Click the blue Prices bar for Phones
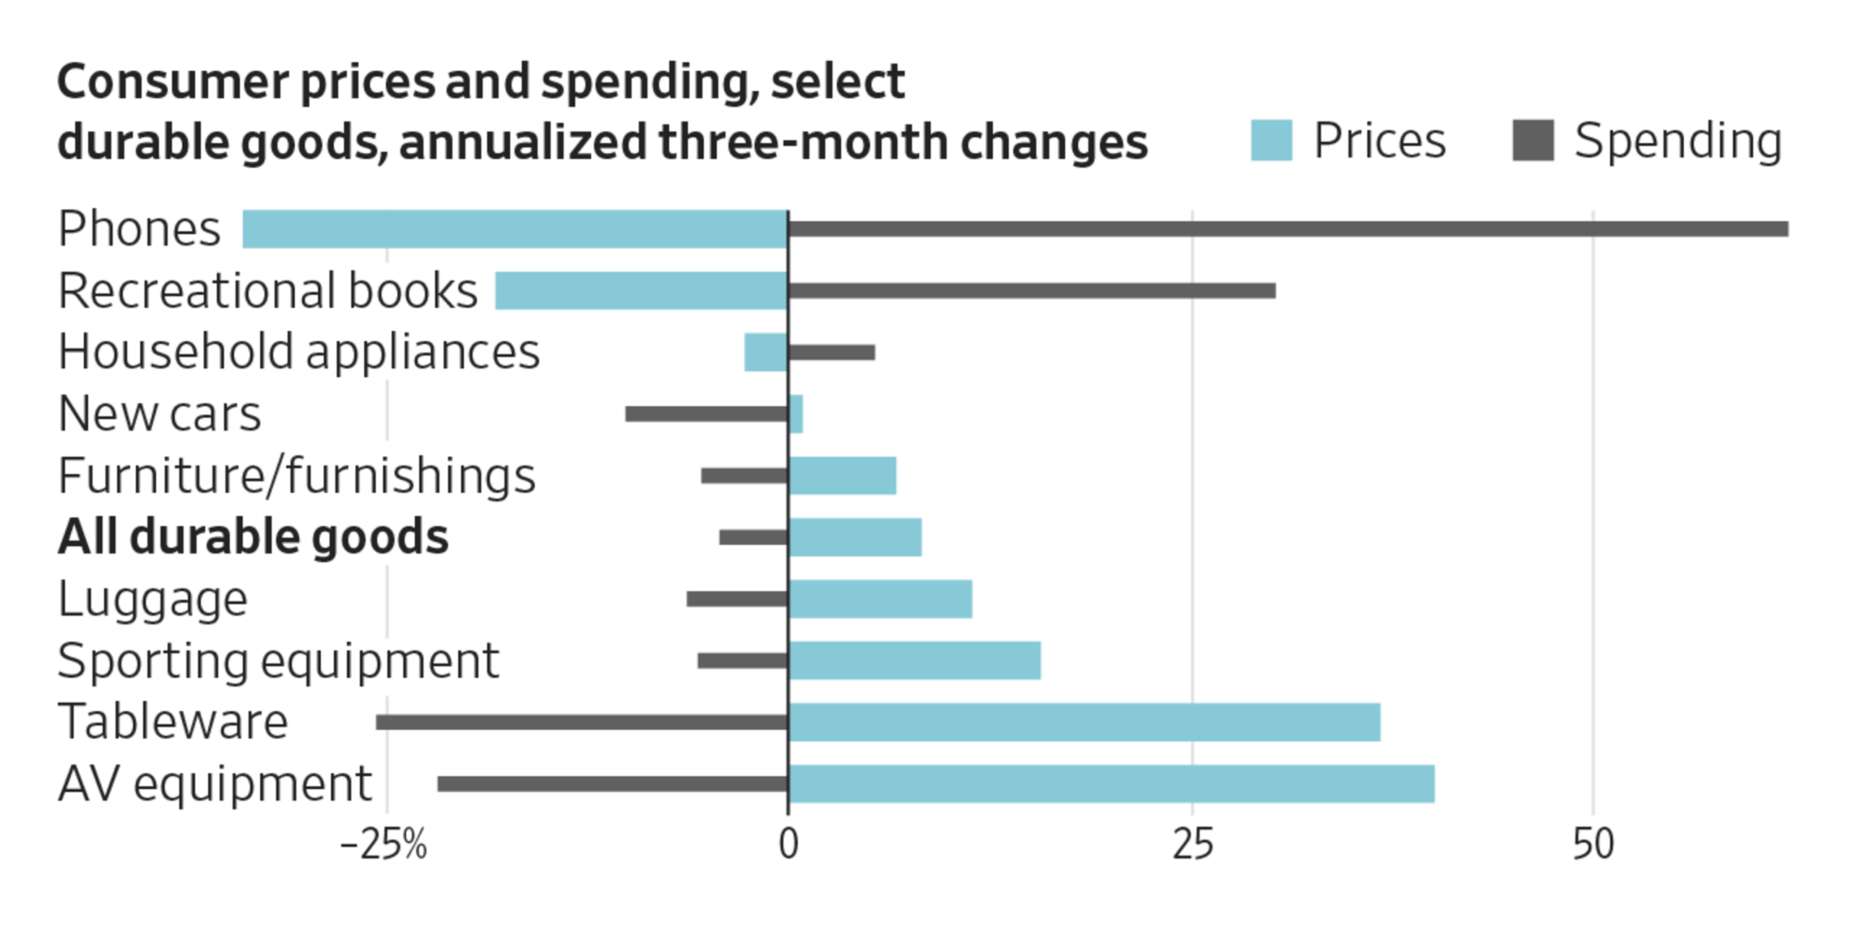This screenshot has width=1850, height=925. (x=515, y=229)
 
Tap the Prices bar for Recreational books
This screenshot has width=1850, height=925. (x=641, y=291)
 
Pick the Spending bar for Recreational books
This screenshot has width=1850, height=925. (x=1031, y=291)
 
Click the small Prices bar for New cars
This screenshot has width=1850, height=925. (x=796, y=414)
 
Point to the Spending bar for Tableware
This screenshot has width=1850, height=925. (x=582, y=722)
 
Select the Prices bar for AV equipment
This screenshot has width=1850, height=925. (x=1111, y=783)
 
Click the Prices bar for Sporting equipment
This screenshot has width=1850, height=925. (x=915, y=661)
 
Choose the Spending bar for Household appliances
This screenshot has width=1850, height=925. (x=832, y=353)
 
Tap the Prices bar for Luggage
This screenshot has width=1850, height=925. (x=880, y=599)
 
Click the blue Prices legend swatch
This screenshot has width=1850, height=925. (x=1271, y=140)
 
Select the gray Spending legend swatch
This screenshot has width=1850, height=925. (x=1533, y=140)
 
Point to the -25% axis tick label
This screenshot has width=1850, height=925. (x=384, y=844)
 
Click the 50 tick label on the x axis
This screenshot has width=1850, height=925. (x=1593, y=844)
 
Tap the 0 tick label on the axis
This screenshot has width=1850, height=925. (x=788, y=844)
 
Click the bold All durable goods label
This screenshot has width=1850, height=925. (x=253, y=538)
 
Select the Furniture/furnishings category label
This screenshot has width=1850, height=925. (x=296, y=476)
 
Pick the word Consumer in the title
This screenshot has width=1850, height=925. (x=173, y=82)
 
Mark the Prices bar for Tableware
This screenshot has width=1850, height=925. (x=1084, y=722)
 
